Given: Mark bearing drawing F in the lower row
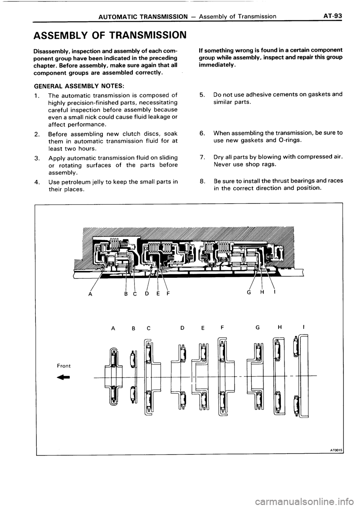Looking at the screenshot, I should coord(223,376).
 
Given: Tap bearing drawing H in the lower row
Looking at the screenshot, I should coord(277,376).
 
